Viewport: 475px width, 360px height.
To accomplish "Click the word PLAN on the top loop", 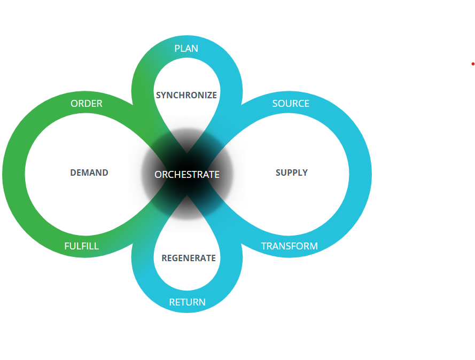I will [186, 49].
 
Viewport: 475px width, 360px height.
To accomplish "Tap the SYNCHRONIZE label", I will [186, 95].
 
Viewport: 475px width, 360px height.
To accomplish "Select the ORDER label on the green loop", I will [87, 104].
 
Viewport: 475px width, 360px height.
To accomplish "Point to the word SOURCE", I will [291, 104].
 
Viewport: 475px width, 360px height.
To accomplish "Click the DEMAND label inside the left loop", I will [89, 173].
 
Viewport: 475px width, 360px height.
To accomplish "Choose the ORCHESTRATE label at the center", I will [187, 175].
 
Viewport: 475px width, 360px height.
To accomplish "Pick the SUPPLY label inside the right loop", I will [292, 173].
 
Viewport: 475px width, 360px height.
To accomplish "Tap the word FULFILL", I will [81, 246].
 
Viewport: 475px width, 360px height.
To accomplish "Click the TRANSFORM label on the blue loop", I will [289, 246].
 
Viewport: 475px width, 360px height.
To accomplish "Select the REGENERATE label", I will [189, 259].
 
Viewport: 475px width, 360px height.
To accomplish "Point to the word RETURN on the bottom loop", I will [187, 302].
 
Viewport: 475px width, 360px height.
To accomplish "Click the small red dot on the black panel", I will [473, 64].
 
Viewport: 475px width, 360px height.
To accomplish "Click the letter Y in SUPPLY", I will [305, 173].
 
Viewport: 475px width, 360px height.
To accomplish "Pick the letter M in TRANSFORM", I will [314, 246].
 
